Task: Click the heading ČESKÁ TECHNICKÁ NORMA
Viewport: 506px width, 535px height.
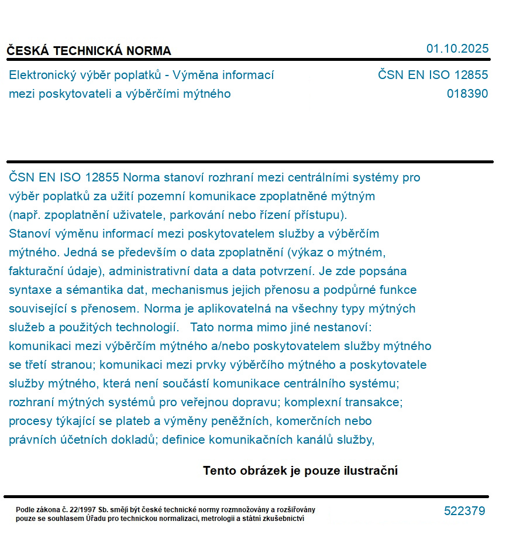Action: pyautogui.click(x=89, y=51)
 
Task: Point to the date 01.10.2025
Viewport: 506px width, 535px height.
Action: pyautogui.click(x=457, y=49)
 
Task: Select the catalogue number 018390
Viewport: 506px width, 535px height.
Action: pyautogui.click(x=467, y=94)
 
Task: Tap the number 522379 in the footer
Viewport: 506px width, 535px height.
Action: pyautogui.click(x=464, y=511)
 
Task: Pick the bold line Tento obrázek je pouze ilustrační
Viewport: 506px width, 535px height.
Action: pyautogui.click(x=300, y=471)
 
